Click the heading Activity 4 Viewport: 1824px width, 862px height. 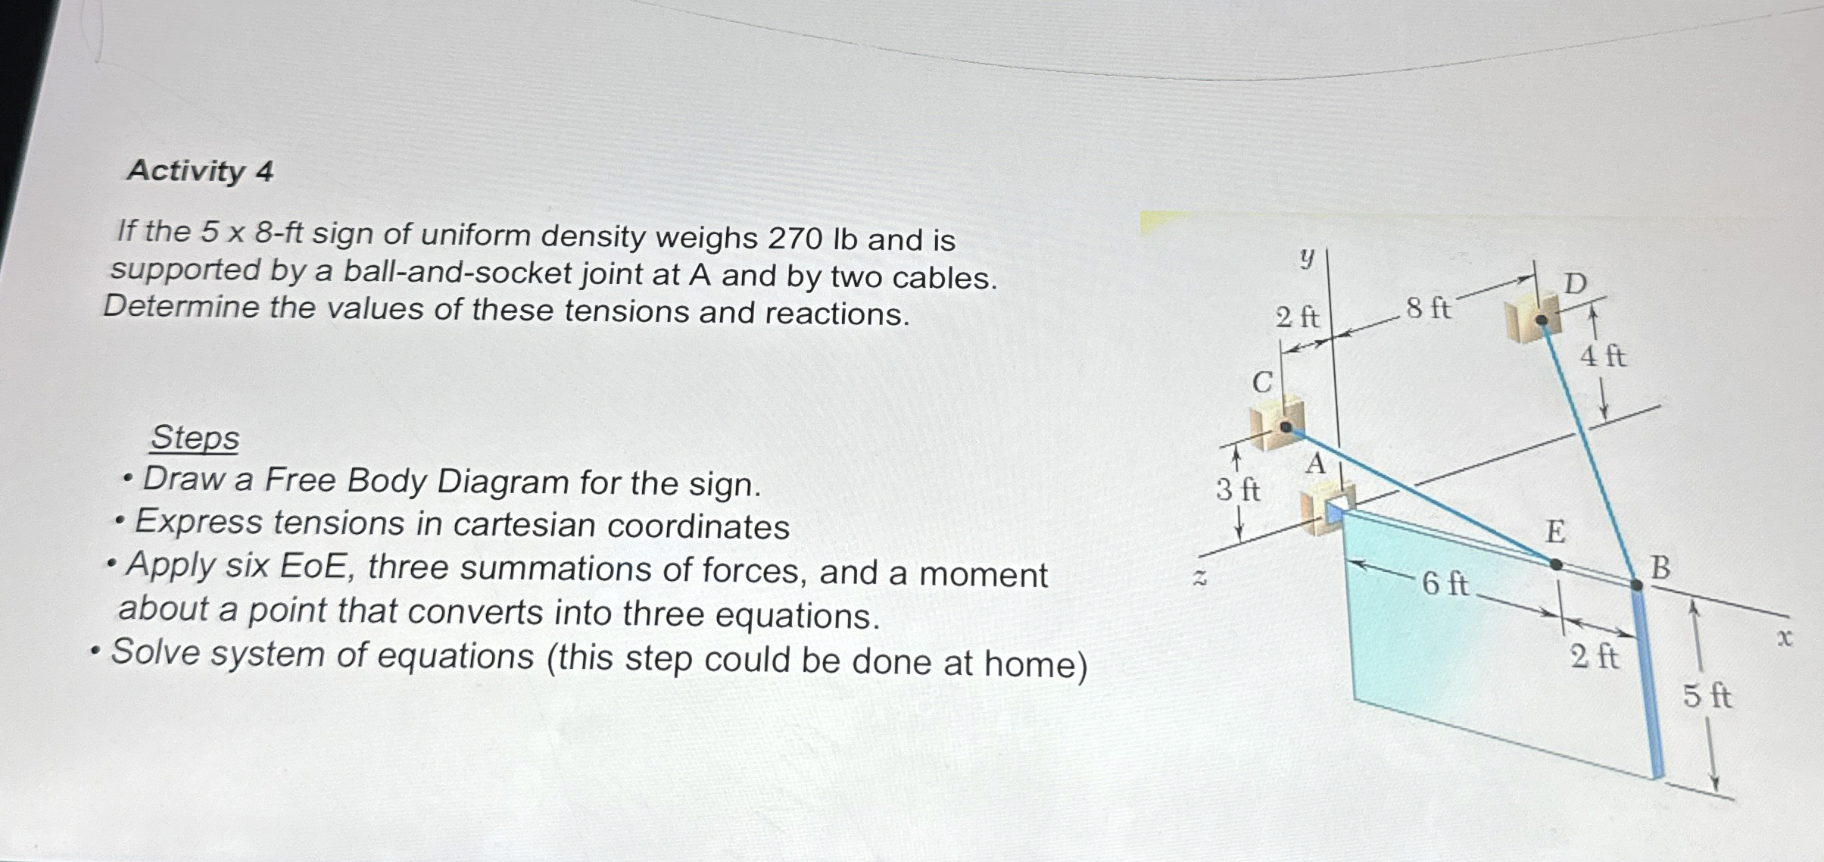pyautogui.click(x=200, y=171)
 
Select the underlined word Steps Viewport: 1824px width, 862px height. pyautogui.click(x=195, y=438)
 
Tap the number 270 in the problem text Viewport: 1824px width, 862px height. pyautogui.click(x=795, y=239)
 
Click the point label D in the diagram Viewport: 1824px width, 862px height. pyautogui.click(x=1575, y=284)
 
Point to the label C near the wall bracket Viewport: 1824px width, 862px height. pyautogui.click(x=1261, y=383)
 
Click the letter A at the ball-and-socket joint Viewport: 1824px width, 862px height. pyautogui.click(x=1316, y=464)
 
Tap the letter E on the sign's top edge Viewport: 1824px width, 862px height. pyautogui.click(x=1555, y=532)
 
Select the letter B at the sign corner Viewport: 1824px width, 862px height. pyautogui.click(x=1660, y=568)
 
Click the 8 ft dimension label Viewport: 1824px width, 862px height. pyautogui.click(x=1428, y=309)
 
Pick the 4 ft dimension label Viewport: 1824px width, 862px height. pyautogui.click(x=1602, y=355)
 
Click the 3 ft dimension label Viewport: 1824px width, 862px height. pyautogui.click(x=1238, y=491)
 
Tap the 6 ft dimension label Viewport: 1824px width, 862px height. pyautogui.click(x=1445, y=583)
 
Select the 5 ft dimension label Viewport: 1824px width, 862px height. pyautogui.click(x=1707, y=695)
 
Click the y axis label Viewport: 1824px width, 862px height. pyautogui.click(x=1306, y=259)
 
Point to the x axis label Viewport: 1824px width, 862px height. pyautogui.click(x=1785, y=639)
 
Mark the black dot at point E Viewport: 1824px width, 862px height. pyautogui.click(x=1555, y=564)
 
